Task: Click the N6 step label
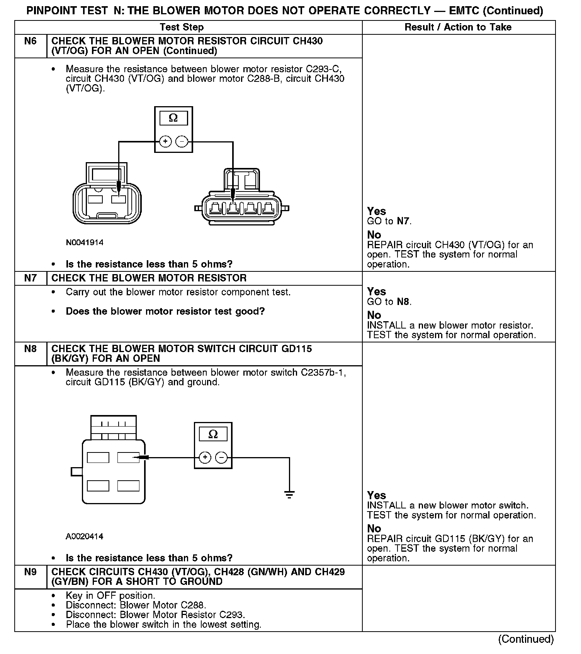tap(31, 41)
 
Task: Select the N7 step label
tap(31, 278)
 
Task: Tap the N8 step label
tap(31, 349)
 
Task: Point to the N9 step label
tap(31, 572)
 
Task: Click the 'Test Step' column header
tap(182, 27)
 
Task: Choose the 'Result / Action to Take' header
tap(458, 27)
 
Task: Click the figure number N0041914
tap(85, 243)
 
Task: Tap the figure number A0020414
tap(85, 537)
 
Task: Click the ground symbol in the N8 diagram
tap(289, 494)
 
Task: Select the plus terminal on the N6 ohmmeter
tap(165, 142)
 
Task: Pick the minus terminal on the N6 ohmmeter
tap(182, 142)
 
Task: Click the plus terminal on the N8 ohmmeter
tap(205, 458)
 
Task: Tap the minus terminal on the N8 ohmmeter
tap(221, 458)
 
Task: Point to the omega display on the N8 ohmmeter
tap(213, 434)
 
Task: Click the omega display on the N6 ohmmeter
tap(173, 118)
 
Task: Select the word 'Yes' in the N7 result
tap(377, 292)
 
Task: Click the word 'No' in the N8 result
tap(374, 529)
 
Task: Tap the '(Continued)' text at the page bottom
tap(526, 639)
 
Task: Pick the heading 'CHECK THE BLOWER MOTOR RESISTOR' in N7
tap(149, 278)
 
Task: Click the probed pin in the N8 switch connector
tap(129, 458)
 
